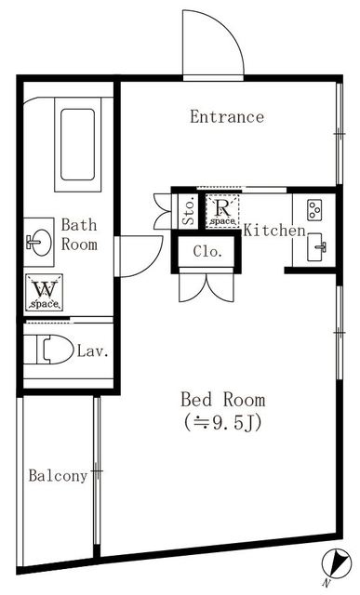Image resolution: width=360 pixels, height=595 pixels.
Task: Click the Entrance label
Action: click(x=226, y=117)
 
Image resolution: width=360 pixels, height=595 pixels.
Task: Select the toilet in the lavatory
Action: click(x=50, y=350)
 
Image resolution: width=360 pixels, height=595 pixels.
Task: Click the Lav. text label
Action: click(x=94, y=351)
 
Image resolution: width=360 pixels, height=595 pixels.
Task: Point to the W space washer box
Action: click(x=43, y=293)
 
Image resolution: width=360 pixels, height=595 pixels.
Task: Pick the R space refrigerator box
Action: click(x=223, y=212)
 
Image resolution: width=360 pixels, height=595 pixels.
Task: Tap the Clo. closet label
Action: click(x=207, y=250)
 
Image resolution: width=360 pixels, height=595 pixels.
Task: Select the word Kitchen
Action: click(x=274, y=230)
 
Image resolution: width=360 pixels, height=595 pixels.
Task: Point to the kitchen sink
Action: click(x=317, y=247)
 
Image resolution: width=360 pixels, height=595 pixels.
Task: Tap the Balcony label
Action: click(x=57, y=476)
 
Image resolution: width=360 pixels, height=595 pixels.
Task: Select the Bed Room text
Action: click(x=222, y=400)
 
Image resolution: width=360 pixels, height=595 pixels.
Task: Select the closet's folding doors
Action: click(x=206, y=285)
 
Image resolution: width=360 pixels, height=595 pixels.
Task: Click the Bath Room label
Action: click(x=79, y=234)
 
